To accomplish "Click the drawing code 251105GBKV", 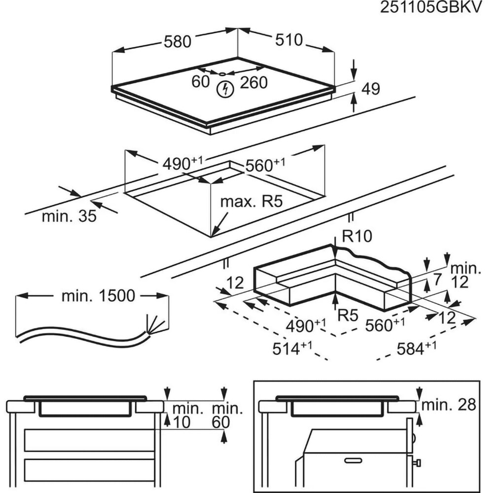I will pos(437,9).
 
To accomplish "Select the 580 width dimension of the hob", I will pos(177,42).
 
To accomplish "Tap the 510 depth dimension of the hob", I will pos(288,40).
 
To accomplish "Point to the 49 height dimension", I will pos(371,89).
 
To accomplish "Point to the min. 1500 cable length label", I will pos(98,296).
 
